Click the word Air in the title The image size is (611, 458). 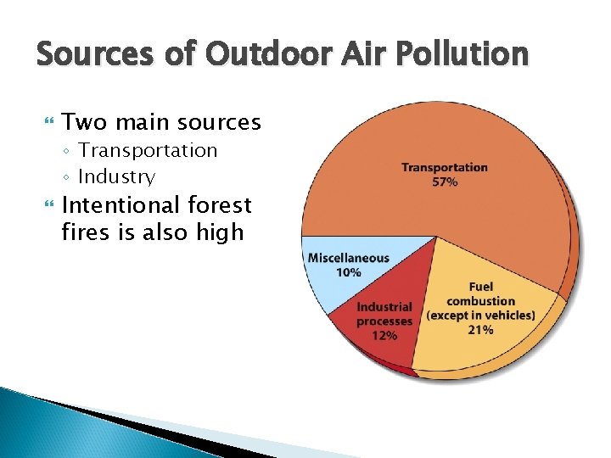coord(356,55)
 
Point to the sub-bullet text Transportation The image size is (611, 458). coord(148,150)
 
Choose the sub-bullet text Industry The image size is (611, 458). coord(116,177)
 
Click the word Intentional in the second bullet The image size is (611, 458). coord(122,205)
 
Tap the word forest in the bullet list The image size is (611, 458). coord(221,205)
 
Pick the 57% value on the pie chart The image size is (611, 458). coord(445,182)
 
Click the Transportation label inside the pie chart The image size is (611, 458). coord(445,168)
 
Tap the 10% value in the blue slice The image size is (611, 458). coord(348,272)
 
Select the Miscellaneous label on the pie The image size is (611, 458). coord(348,258)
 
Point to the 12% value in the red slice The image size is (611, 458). coord(384,335)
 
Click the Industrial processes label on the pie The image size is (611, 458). coord(384,314)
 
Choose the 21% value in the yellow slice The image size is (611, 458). coord(480,329)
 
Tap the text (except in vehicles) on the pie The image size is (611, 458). coord(480,316)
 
